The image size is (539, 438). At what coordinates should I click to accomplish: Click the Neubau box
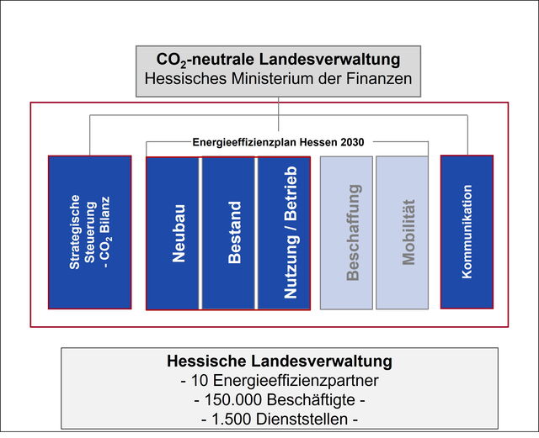click(173, 234)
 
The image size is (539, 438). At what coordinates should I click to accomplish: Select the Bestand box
click(228, 234)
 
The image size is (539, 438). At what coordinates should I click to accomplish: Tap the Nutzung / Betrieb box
click(284, 234)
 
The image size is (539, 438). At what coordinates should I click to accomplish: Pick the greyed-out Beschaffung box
click(346, 233)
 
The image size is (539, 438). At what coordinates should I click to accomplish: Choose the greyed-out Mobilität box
click(403, 233)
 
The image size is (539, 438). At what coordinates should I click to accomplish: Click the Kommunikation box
click(467, 232)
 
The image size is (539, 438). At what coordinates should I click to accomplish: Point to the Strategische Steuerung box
click(90, 232)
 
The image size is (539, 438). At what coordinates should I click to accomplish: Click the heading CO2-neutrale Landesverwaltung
click(278, 60)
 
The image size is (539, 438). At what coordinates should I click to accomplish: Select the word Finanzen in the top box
click(379, 79)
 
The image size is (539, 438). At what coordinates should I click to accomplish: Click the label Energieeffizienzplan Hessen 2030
click(278, 142)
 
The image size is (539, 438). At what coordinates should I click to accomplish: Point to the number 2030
click(352, 142)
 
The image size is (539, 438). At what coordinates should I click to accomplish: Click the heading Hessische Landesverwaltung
click(280, 361)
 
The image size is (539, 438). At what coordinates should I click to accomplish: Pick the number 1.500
click(232, 420)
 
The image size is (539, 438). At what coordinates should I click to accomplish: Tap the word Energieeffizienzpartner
click(296, 381)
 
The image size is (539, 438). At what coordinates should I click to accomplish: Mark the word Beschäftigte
click(311, 400)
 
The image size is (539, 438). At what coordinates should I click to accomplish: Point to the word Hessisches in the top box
click(185, 79)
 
